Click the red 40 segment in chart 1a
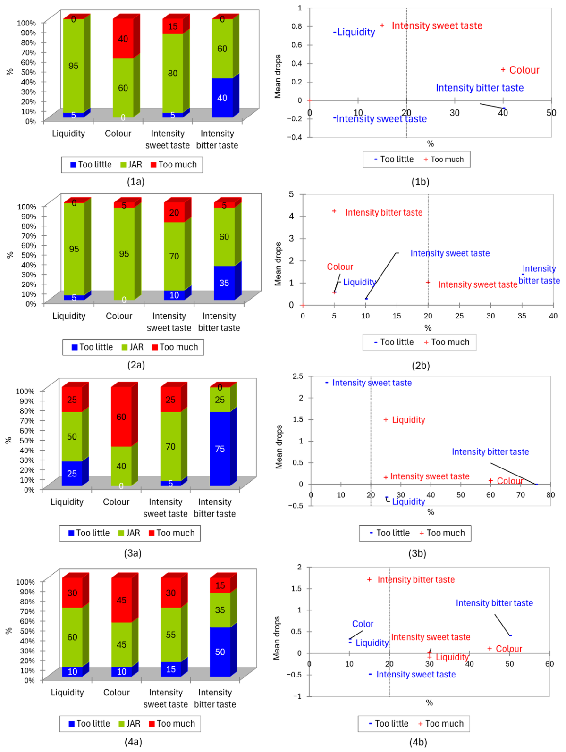(123, 38)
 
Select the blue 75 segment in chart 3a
(220, 449)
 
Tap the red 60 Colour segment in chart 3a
(121, 417)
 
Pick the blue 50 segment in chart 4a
(220, 652)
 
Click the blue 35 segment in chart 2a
(224, 283)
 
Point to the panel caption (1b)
(420, 182)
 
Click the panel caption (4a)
(134, 742)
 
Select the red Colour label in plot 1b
(524, 70)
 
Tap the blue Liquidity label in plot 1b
(356, 32)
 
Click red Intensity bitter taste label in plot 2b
(384, 212)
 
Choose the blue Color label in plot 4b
(363, 624)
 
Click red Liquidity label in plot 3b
(408, 420)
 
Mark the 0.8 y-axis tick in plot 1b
(296, 26)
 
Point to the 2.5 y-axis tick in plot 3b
(297, 376)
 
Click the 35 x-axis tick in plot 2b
(522, 316)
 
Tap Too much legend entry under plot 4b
(441, 724)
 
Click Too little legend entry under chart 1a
(91, 165)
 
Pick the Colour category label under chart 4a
(117, 693)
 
